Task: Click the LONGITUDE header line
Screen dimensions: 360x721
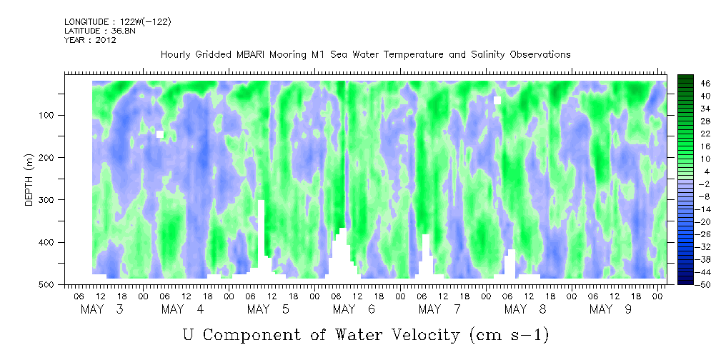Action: [117, 21]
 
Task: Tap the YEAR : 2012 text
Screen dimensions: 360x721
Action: [90, 40]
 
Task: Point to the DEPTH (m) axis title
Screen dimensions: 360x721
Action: [29, 181]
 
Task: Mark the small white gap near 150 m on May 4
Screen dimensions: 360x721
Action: [160, 134]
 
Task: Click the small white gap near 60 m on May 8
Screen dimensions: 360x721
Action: [497, 100]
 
